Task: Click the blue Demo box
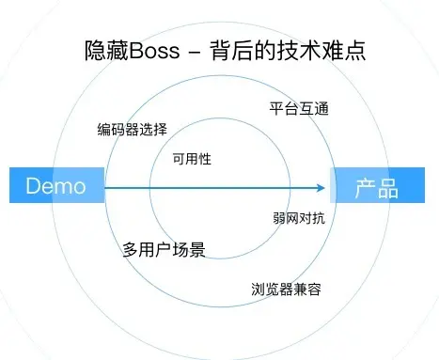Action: pos(56,187)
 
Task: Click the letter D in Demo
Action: pos(32,187)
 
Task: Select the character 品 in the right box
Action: pos(387,187)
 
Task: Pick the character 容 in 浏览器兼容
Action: pos(315,289)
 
